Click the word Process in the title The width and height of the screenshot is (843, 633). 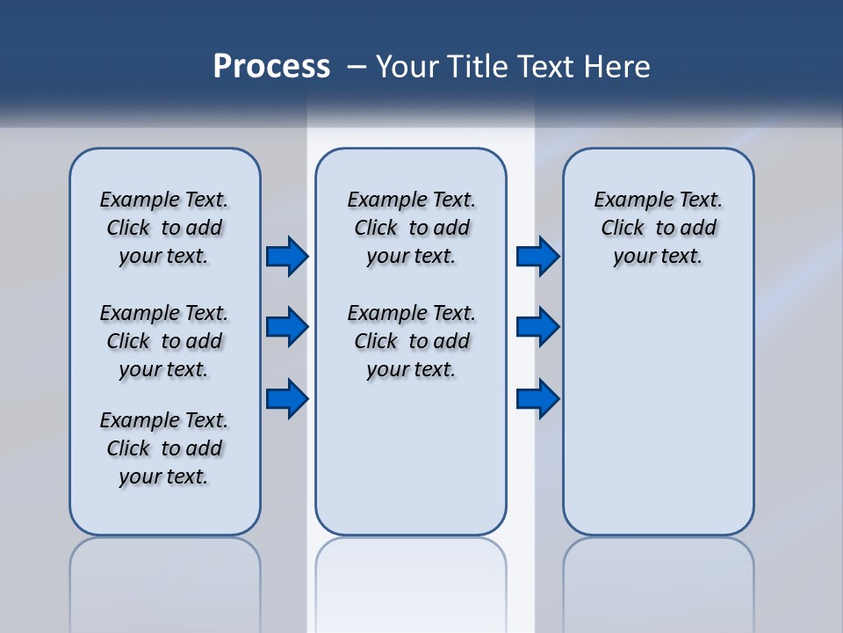click(x=271, y=66)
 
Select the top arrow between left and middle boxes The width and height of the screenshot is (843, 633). click(x=287, y=256)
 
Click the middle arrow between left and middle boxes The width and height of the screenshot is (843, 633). click(x=287, y=327)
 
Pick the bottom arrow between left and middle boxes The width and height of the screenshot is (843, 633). click(x=287, y=399)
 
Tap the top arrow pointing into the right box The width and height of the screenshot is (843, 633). click(x=537, y=256)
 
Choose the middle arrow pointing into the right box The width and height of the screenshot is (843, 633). click(x=537, y=327)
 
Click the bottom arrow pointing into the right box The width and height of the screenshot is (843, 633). click(x=537, y=399)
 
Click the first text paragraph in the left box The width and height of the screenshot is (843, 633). click(x=164, y=228)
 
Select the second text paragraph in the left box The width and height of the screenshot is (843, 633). click(x=164, y=341)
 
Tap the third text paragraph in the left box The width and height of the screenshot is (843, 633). click(x=164, y=448)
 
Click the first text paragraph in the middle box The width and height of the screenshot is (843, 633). click(x=411, y=228)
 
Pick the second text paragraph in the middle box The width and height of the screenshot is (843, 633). click(x=411, y=341)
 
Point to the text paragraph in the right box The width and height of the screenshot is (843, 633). click(x=658, y=228)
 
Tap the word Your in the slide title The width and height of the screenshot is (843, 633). click(x=407, y=66)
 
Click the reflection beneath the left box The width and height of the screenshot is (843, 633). click(x=165, y=580)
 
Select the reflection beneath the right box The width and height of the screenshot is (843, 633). click(x=659, y=580)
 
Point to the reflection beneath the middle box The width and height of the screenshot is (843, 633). click(x=411, y=580)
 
